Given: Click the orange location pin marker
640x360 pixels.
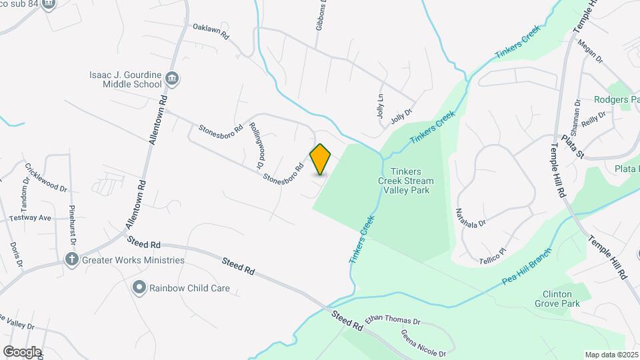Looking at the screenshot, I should tap(321, 159).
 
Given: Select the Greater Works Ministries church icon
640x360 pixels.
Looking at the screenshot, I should tap(72, 259).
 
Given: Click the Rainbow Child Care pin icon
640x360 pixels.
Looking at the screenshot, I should tap(139, 288).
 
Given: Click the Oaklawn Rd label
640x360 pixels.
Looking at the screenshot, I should tap(211, 31).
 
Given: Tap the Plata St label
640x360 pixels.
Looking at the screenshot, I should tap(573, 147).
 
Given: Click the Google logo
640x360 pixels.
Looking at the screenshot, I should tap(22, 351).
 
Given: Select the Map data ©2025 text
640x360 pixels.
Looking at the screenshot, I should tap(611, 355).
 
